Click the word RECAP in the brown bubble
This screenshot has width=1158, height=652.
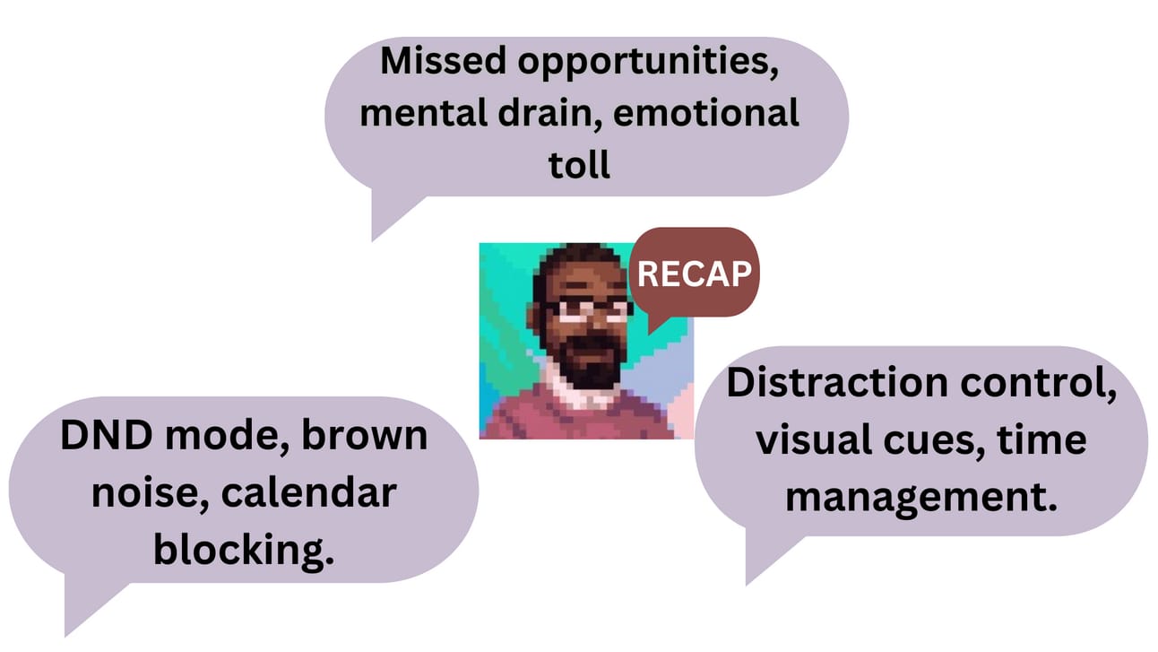(695, 274)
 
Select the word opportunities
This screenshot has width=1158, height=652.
(648, 63)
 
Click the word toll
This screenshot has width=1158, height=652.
(579, 164)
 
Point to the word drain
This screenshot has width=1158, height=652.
(550, 113)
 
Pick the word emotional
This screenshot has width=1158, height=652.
(705, 113)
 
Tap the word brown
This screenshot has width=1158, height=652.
(365, 435)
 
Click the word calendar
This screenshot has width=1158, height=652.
(308, 492)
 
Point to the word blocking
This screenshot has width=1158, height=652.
(244, 551)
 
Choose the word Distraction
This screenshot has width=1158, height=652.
(837, 382)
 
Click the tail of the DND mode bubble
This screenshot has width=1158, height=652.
(91, 605)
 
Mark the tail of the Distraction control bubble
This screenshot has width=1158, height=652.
(768, 556)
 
